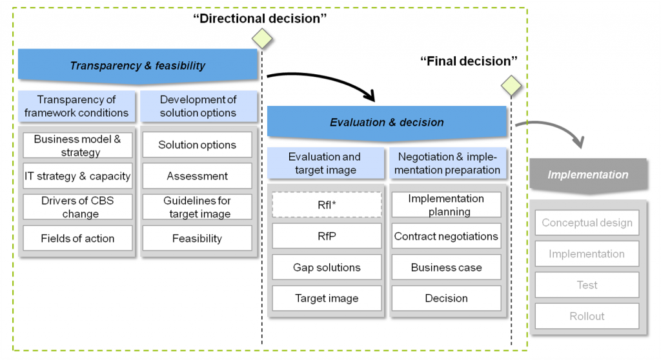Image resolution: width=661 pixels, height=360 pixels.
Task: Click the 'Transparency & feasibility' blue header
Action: (137, 66)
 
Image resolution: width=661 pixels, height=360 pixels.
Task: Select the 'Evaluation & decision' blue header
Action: (387, 123)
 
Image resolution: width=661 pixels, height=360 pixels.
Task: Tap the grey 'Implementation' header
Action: (587, 175)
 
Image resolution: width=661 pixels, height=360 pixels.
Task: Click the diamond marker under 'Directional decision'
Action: (262, 38)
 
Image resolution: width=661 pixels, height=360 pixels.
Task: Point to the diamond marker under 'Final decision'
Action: (511, 85)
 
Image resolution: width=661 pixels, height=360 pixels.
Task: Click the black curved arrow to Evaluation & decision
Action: (323, 81)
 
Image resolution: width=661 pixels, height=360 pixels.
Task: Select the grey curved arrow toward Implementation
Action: (555, 128)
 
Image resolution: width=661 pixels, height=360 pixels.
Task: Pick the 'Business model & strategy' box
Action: (77, 145)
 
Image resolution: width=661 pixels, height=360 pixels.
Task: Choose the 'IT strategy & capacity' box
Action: (77, 176)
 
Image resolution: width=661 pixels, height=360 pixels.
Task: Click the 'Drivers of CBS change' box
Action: (77, 207)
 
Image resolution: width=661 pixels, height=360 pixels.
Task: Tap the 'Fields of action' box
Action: (77, 238)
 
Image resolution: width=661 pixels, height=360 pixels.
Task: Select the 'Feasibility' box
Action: (197, 238)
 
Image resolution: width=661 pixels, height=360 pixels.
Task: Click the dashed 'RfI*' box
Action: (327, 205)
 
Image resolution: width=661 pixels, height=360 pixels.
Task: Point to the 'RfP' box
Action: (327, 236)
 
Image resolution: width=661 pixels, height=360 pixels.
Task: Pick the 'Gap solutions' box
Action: (327, 267)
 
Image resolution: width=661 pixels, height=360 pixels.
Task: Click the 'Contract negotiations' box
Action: (446, 236)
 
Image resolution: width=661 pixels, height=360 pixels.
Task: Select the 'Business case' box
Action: (446, 267)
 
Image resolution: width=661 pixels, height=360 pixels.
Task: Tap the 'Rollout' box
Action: (587, 316)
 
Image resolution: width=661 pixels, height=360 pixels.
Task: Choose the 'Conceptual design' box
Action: (587, 223)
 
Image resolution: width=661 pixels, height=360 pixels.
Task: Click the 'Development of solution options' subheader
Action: (198, 106)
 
